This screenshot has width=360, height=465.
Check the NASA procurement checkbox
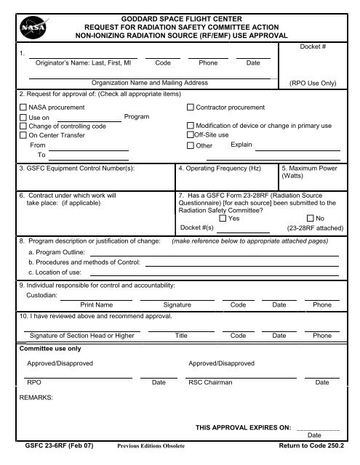[x=23, y=107]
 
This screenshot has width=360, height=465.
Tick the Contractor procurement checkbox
[x=191, y=107]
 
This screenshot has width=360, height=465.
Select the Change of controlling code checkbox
[x=23, y=126]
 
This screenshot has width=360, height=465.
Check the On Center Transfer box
[x=23, y=135]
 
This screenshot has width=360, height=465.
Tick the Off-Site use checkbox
[x=190, y=135]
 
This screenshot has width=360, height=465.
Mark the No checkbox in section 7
[x=311, y=218]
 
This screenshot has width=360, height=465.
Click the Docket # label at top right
[x=313, y=46]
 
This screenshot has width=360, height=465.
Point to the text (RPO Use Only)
[x=313, y=84]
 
